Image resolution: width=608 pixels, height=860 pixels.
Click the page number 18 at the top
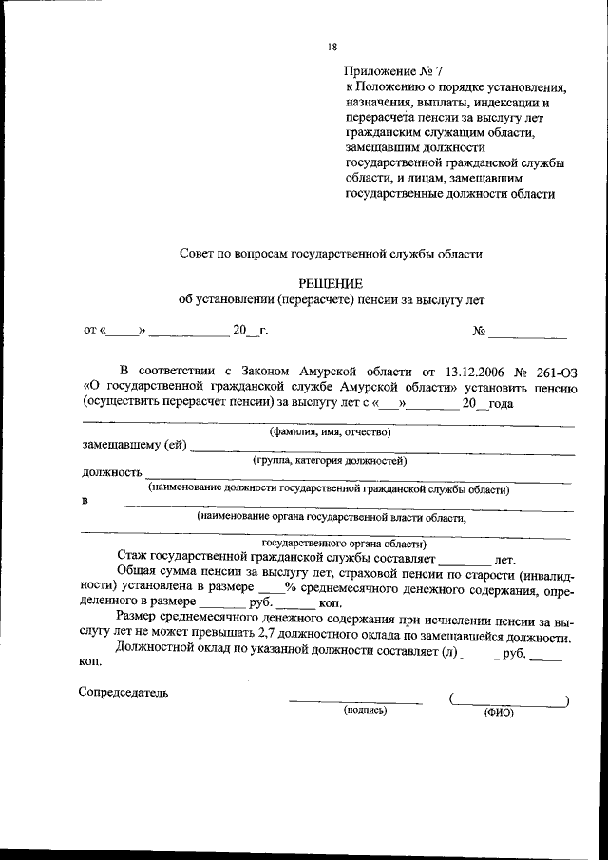331,46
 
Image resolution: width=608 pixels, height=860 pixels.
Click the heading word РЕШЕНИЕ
331,282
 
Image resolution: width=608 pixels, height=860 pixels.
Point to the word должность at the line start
111,471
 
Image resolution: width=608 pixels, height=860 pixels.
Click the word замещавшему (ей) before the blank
133,444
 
